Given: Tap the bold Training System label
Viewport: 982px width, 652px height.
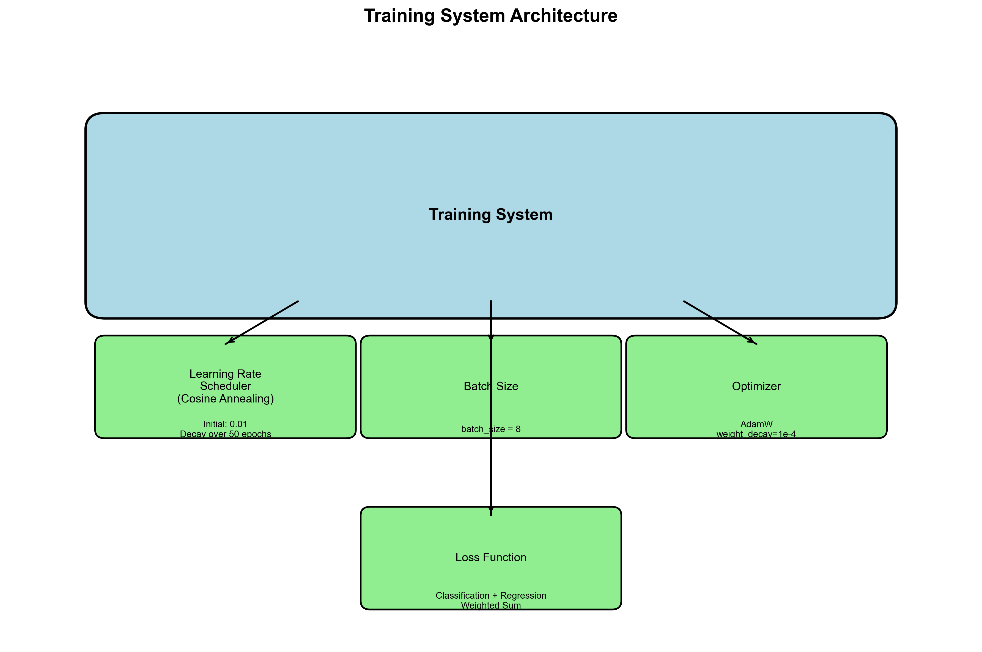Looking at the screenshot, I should point(490,215).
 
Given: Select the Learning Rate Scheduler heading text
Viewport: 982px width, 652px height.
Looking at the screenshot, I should point(225,380).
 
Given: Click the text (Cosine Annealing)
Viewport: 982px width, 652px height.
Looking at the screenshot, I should point(225,399).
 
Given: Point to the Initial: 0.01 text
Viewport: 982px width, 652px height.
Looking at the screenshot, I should point(225,424).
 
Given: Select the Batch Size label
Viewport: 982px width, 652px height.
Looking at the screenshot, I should point(490,386).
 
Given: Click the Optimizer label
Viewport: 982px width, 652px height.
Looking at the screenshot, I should point(756,386).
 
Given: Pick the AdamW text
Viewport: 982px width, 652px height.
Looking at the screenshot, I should point(756,424).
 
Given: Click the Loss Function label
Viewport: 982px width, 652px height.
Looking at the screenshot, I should point(490,557).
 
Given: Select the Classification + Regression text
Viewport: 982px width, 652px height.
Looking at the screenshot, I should point(490,595).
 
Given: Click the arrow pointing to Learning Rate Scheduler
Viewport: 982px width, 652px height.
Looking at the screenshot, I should point(262,322).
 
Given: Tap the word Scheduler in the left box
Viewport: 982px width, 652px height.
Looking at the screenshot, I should point(225,386).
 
